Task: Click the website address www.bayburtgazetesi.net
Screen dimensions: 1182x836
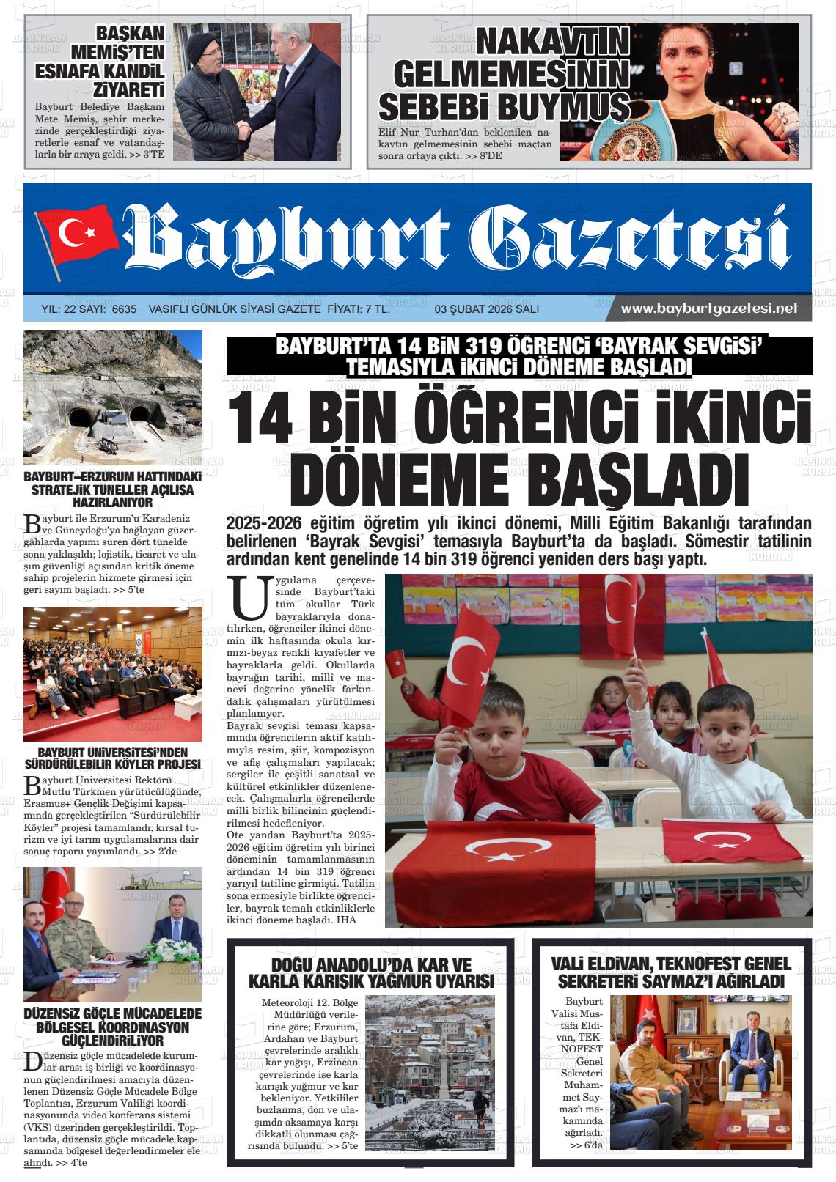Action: [708, 309]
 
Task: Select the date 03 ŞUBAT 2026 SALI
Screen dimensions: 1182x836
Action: [486, 309]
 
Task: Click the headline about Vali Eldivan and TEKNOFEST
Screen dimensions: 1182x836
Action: [670, 972]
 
